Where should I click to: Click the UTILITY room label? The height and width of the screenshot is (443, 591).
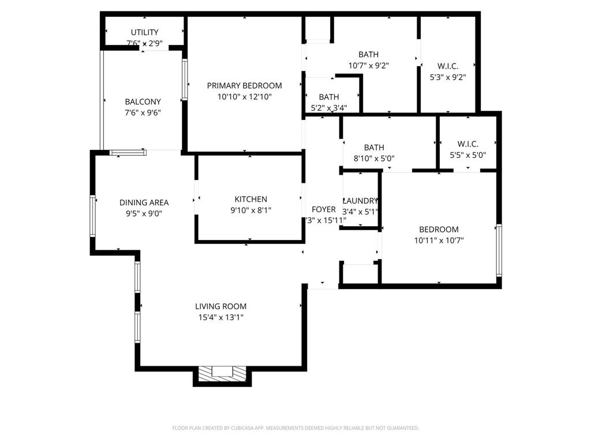(x=144, y=32)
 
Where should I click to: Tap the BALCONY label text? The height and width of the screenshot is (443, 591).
(x=143, y=102)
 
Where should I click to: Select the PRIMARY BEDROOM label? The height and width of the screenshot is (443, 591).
(x=245, y=86)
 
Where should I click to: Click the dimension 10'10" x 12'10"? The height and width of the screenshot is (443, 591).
(x=245, y=97)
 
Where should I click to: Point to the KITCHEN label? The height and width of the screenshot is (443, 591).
(x=250, y=200)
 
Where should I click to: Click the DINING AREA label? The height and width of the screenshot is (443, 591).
(x=144, y=202)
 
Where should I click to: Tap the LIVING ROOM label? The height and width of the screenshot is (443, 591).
(x=220, y=307)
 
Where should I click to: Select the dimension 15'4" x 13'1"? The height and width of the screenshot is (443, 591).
(x=220, y=317)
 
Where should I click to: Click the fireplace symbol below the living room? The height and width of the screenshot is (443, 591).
(x=222, y=374)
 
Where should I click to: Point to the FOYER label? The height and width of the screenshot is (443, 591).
(x=324, y=209)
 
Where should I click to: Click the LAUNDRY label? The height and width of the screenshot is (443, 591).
(x=361, y=201)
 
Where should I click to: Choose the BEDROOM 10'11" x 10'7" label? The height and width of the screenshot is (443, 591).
(x=439, y=230)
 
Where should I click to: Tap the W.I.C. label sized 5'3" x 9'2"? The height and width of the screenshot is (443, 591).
(x=448, y=66)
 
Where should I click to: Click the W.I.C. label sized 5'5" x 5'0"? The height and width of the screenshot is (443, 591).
(x=467, y=144)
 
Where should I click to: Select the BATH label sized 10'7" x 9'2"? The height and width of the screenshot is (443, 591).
(x=368, y=55)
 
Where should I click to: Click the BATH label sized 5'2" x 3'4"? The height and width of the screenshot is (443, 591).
(x=329, y=97)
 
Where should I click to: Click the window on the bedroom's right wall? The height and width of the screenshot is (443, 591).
(x=499, y=250)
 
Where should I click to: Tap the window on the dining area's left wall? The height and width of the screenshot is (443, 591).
(x=92, y=216)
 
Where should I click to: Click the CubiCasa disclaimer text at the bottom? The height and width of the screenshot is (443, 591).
(x=295, y=428)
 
